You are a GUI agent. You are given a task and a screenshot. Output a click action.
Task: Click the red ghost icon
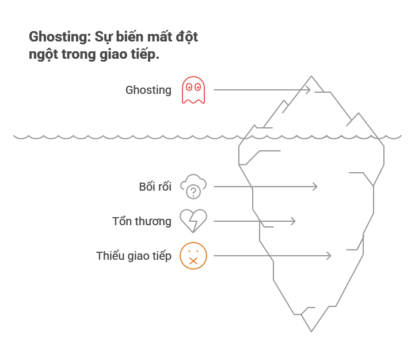(x=193, y=90)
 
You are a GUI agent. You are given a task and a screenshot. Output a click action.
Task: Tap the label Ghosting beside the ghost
(x=148, y=90)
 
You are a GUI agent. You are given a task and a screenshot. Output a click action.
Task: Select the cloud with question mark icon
(x=193, y=186)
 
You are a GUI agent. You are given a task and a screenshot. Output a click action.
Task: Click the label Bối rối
(x=155, y=187)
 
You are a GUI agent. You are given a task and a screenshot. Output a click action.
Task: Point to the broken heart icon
(x=193, y=221)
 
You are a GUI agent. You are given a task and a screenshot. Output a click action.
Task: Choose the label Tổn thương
(x=142, y=221)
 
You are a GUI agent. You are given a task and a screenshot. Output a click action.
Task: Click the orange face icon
(x=193, y=256)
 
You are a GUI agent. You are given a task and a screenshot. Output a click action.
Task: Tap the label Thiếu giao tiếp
(x=134, y=256)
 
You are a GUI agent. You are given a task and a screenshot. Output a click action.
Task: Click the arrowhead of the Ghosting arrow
(x=308, y=90)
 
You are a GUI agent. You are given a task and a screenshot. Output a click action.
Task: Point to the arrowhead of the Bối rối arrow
(x=315, y=187)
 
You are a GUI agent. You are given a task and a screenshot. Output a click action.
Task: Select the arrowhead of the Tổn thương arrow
(x=293, y=221)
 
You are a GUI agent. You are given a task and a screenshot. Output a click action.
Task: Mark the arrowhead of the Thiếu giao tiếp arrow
(x=329, y=256)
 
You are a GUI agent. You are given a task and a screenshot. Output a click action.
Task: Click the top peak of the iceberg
(x=312, y=77)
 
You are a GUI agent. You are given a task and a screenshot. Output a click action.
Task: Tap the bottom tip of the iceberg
(x=311, y=331)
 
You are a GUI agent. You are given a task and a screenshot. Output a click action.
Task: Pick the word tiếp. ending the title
(x=146, y=55)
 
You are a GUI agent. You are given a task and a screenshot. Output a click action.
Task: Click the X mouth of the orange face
(x=193, y=261)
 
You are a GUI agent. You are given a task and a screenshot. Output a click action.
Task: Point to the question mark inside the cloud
(x=195, y=191)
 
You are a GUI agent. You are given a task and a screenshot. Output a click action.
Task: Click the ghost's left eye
(x=189, y=88)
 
